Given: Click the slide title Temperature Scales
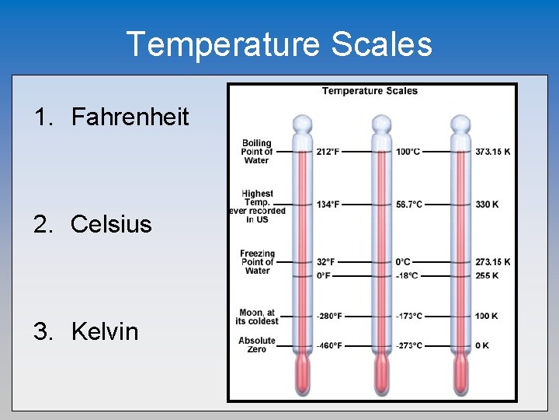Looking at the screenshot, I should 279,44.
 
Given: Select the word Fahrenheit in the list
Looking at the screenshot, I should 130,117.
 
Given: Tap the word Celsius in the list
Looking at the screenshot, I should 111,225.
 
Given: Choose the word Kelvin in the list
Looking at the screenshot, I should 104,331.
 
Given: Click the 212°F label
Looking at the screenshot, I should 328,151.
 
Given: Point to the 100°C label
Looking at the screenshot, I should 408,151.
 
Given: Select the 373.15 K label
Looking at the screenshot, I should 493,151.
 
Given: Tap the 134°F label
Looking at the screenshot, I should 328,205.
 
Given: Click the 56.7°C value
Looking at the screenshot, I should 409,205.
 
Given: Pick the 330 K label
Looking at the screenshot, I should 487,205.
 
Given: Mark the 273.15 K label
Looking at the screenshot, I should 493,262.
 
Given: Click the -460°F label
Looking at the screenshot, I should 329,345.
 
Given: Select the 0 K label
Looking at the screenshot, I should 482,345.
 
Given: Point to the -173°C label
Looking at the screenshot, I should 409,317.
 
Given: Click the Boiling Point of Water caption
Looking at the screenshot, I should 256,152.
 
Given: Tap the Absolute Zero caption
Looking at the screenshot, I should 257,345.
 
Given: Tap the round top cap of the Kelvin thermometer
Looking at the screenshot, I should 461,124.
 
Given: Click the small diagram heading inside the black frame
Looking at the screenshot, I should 370,91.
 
